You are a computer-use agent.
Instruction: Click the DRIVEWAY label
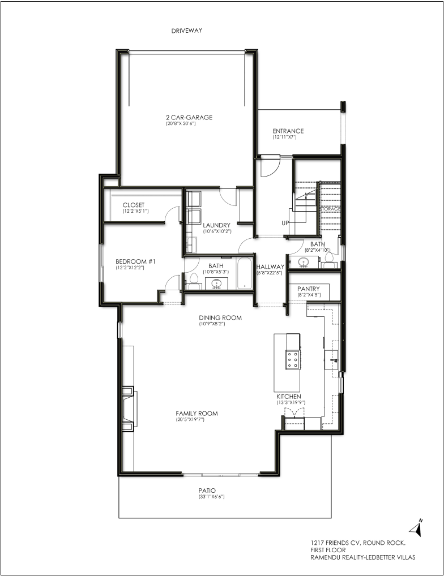tap(187, 31)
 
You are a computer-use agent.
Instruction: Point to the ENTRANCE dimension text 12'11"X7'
tap(284, 137)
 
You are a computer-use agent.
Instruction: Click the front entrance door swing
tap(269, 167)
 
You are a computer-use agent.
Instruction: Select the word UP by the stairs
tap(285, 223)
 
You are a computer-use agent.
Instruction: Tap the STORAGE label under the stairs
tap(331, 209)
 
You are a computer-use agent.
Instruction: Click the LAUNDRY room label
tap(216, 225)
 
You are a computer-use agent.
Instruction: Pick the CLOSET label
tap(134, 205)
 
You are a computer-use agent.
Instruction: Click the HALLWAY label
tap(271, 266)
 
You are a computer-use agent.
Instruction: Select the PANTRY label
tap(309, 289)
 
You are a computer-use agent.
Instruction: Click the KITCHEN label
tap(289, 397)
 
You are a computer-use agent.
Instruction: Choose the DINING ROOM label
tap(220, 317)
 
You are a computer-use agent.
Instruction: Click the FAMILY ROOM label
tap(197, 413)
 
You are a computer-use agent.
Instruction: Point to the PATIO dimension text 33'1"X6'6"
tap(211, 497)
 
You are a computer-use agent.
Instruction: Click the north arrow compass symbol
tap(416, 528)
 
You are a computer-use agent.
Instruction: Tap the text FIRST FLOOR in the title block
tap(328, 550)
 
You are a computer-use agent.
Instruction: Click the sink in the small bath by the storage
tap(303, 262)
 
